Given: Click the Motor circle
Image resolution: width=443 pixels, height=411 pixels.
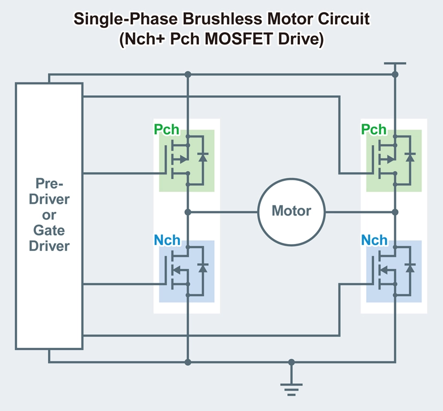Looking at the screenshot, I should point(291,211).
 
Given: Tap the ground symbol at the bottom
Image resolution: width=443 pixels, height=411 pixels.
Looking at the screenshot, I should point(291,389).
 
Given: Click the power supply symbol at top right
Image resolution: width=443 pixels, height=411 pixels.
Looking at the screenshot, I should point(395,64).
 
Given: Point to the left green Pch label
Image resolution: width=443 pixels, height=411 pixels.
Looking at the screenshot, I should point(167,130).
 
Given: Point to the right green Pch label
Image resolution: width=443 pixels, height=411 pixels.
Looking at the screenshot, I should point(374,130).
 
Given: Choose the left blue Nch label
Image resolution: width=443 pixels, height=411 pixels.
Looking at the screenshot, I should point(167,240).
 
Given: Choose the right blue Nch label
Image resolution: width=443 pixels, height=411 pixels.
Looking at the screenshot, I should point(374,240).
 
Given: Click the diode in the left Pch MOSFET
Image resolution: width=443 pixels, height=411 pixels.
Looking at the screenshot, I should point(202,157).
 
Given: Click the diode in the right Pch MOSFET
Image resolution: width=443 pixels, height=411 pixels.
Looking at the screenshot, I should point(410,157).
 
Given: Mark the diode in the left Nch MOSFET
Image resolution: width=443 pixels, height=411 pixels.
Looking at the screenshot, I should point(202,268).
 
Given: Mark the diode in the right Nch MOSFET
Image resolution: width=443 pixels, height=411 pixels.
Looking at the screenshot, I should point(410,268).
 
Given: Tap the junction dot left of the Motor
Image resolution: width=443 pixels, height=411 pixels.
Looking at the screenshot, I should point(187,212).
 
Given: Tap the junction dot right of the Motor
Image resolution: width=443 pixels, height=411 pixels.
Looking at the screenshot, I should point(395,212).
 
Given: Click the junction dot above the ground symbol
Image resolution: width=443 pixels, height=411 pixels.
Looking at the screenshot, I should point(291,362).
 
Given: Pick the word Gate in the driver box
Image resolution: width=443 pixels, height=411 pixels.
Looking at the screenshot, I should point(49,231).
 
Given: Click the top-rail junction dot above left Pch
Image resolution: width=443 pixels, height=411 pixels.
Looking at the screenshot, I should point(187,74).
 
